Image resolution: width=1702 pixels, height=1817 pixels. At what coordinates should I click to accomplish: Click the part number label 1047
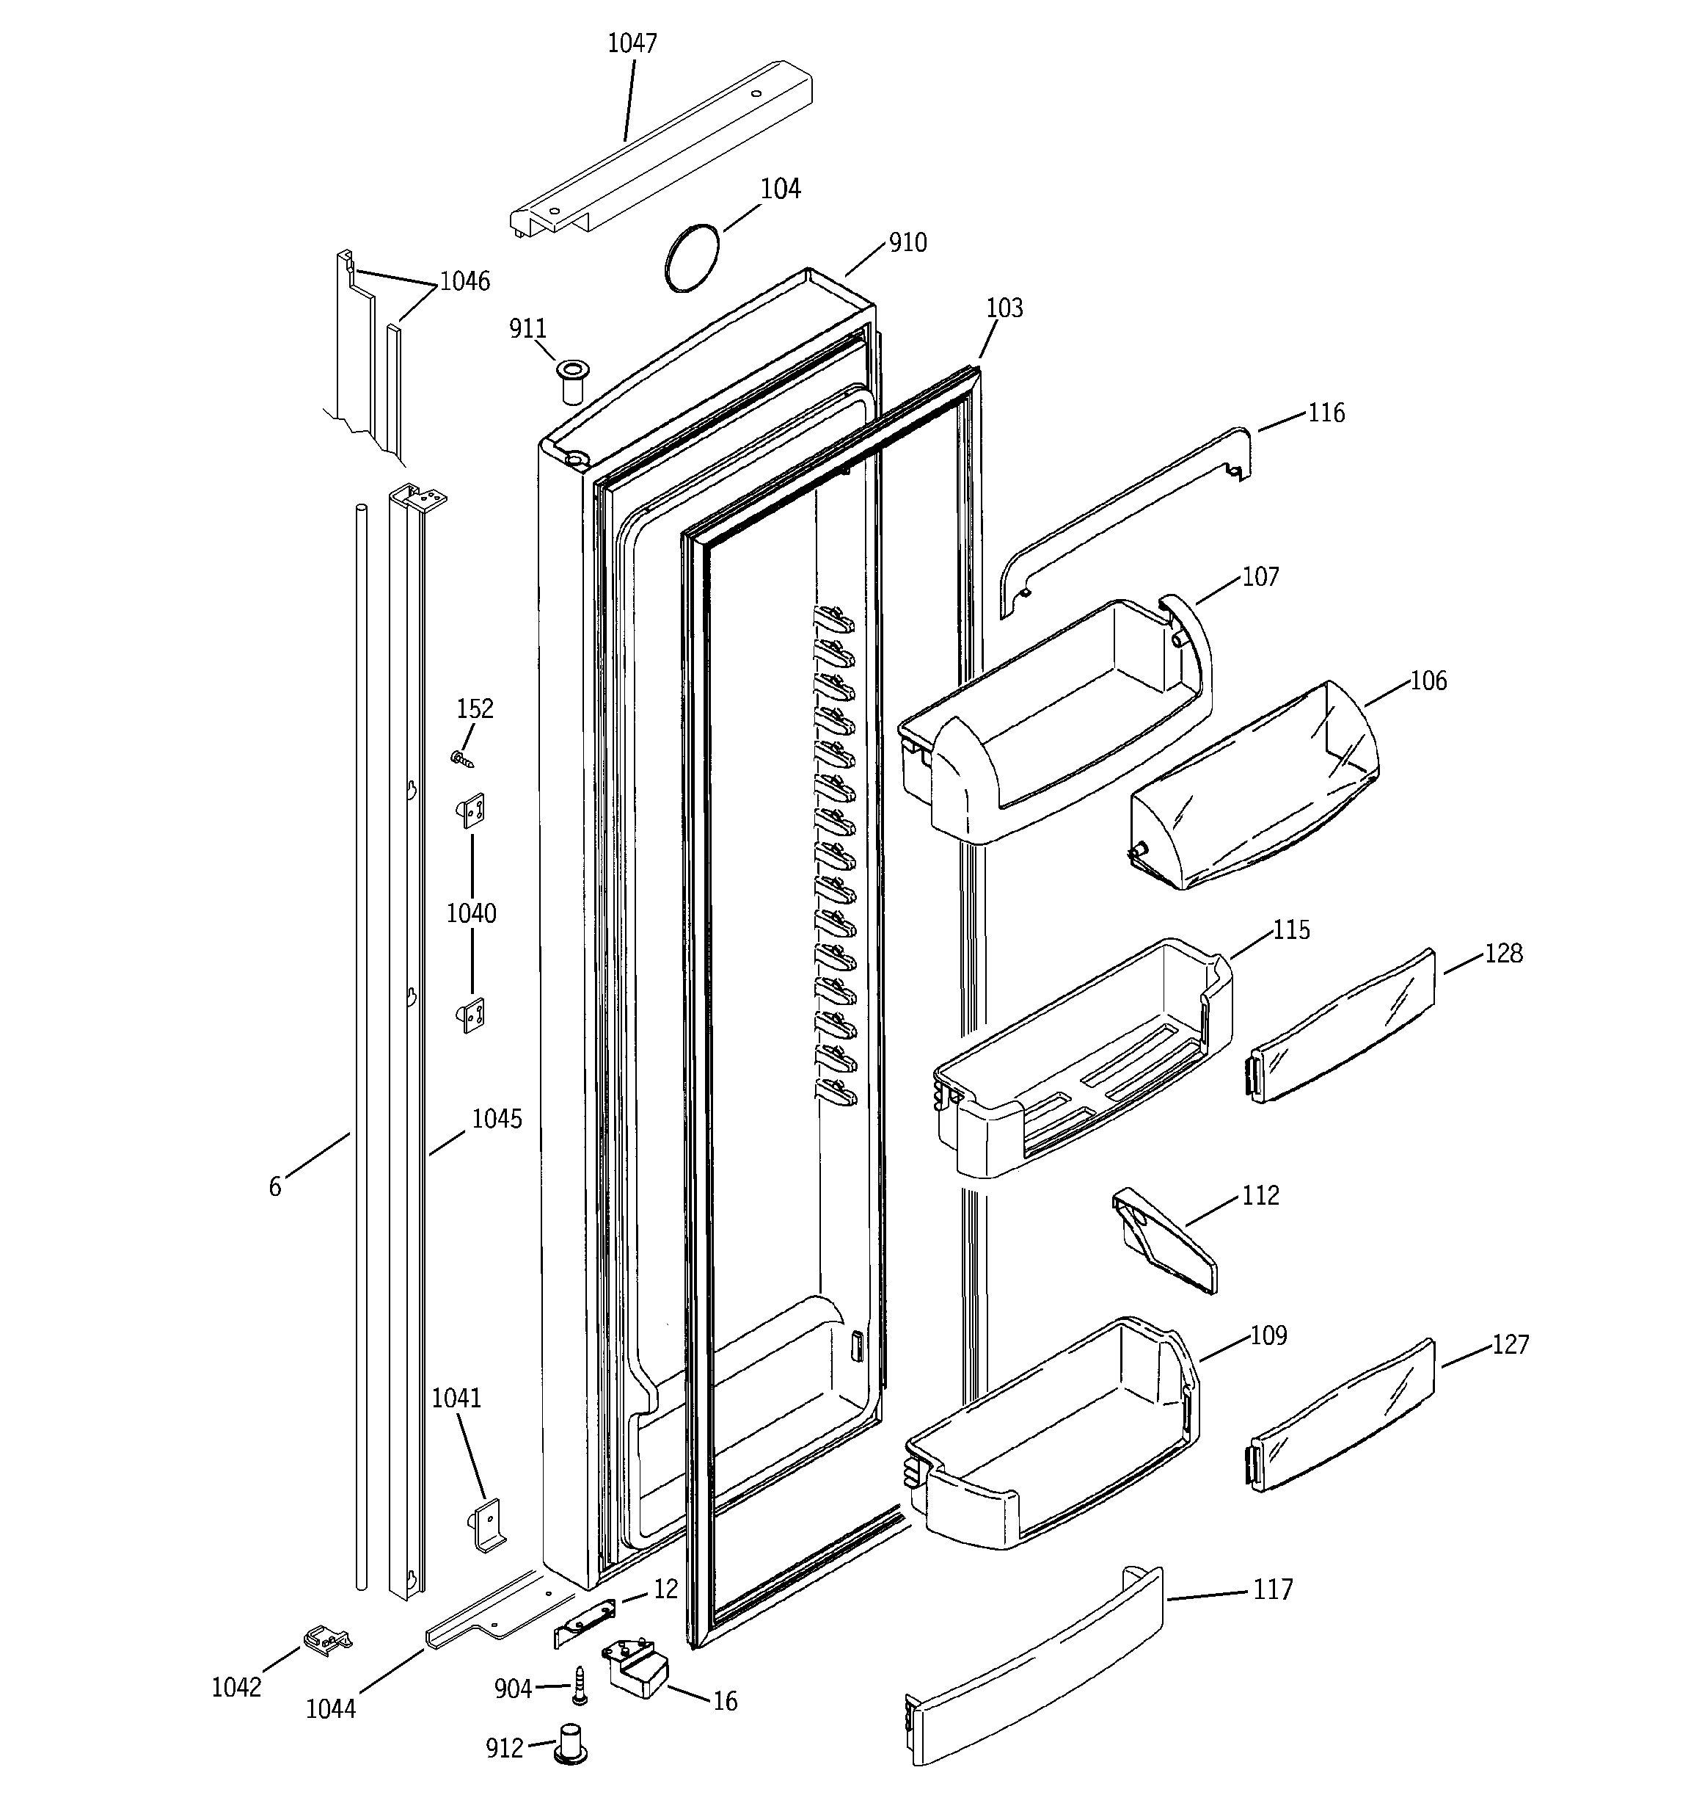coord(632,43)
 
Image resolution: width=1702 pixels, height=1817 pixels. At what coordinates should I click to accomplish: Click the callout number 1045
coord(496,1119)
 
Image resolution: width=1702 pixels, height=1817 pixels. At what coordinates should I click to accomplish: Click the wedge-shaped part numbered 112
coord(1164,1241)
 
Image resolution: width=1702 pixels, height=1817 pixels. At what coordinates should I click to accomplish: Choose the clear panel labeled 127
coord(1340,1417)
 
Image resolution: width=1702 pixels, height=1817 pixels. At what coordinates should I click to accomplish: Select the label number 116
coord(1326,413)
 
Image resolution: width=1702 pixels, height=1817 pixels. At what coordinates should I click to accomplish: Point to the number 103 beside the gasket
coord(1005,308)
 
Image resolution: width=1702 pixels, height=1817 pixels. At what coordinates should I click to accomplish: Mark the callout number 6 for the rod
coord(275,1186)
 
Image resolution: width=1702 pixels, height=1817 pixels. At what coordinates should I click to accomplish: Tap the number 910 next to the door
coord(907,242)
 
